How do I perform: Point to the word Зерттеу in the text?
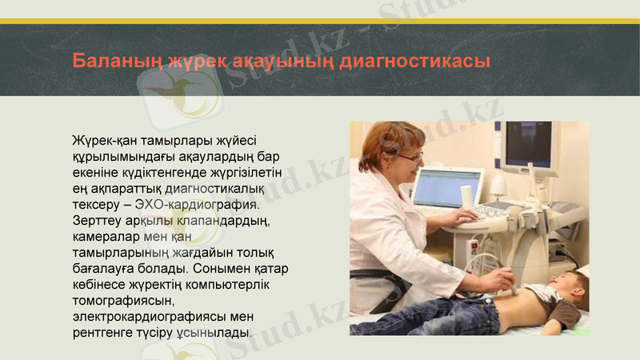pos(96,219)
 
